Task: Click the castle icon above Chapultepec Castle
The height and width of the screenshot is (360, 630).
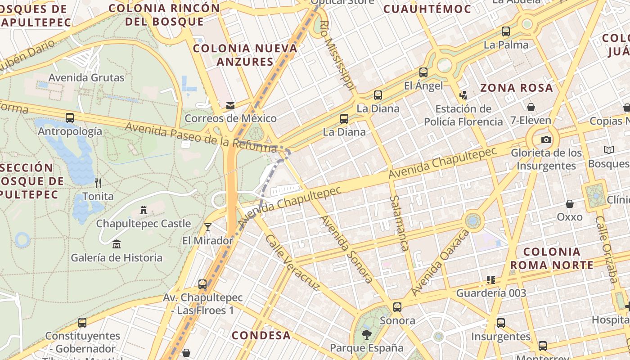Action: [x=144, y=210]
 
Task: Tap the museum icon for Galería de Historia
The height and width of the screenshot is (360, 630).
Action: [x=117, y=244]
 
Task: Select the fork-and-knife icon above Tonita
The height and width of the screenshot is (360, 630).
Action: [x=98, y=183]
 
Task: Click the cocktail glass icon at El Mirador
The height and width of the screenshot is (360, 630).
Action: [x=207, y=227]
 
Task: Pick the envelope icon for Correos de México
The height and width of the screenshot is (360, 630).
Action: [x=230, y=106]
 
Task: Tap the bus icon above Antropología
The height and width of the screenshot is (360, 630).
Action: [x=70, y=118]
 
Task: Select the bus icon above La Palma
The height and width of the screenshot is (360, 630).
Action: [x=506, y=31]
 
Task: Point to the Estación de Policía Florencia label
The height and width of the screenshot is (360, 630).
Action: [x=463, y=115]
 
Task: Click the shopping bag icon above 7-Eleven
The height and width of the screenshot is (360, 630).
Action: [x=531, y=107]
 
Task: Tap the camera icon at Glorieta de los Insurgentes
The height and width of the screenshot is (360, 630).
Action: [x=546, y=139]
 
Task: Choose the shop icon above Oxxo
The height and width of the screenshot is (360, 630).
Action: [x=570, y=204]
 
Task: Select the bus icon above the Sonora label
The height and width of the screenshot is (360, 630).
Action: [x=397, y=307]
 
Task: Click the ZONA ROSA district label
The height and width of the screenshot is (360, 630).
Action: [x=517, y=88]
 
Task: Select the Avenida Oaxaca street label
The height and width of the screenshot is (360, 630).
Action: [x=440, y=263]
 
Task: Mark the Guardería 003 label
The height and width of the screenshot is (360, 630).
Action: [x=491, y=293]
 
